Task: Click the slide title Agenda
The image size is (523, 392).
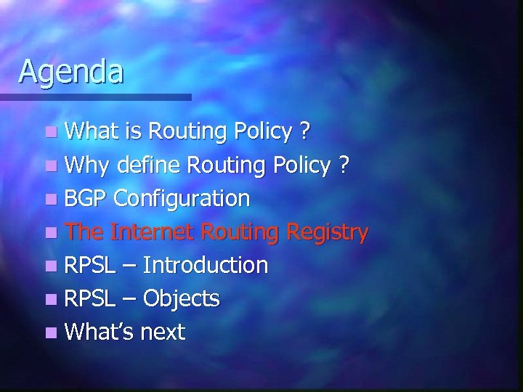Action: point(71,72)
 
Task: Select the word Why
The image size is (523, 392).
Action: point(86,165)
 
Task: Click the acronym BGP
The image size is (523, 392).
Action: point(86,198)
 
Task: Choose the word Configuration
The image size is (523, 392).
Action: point(183,198)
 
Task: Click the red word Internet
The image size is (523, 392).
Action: point(151,232)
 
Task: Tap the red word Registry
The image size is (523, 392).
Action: point(328,233)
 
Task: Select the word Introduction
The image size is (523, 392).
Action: point(206,265)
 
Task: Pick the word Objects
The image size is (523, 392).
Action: point(181,299)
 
